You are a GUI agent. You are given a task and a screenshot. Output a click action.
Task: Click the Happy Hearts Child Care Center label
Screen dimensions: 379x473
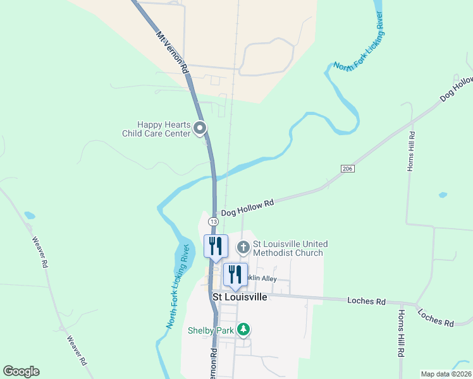pyautogui.click(x=156, y=129)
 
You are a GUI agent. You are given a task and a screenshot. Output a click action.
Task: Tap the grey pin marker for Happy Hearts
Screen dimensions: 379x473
pyautogui.click(x=200, y=129)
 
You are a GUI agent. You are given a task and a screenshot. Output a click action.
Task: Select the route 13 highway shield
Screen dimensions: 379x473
pyautogui.click(x=214, y=222)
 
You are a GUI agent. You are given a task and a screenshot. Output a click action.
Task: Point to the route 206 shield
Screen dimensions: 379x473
pyautogui.click(x=347, y=169)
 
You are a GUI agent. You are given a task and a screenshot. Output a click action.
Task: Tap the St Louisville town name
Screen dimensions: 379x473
pyautogui.click(x=240, y=296)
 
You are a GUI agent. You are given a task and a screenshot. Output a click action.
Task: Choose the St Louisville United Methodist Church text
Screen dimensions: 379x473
pyautogui.click(x=288, y=248)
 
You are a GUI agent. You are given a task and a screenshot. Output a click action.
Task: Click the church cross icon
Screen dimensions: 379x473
pyautogui.click(x=243, y=247)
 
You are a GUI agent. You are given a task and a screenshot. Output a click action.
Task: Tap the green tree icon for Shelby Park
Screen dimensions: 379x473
pyautogui.click(x=243, y=329)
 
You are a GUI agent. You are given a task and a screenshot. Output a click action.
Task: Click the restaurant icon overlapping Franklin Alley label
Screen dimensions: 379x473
pyautogui.click(x=235, y=274)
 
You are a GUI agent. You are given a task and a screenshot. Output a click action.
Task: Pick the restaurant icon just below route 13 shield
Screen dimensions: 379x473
pyautogui.click(x=215, y=246)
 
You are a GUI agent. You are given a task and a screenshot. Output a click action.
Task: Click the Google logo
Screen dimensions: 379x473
pyautogui.click(x=21, y=371)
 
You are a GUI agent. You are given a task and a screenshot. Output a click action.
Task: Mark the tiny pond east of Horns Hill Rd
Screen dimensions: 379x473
pyautogui.click(x=443, y=195)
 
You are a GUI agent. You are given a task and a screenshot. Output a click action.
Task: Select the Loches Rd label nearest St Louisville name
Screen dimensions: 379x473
pyautogui.click(x=366, y=301)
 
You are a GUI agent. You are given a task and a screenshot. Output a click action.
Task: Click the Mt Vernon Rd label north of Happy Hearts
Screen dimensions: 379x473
pyautogui.click(x=172, y=52)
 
